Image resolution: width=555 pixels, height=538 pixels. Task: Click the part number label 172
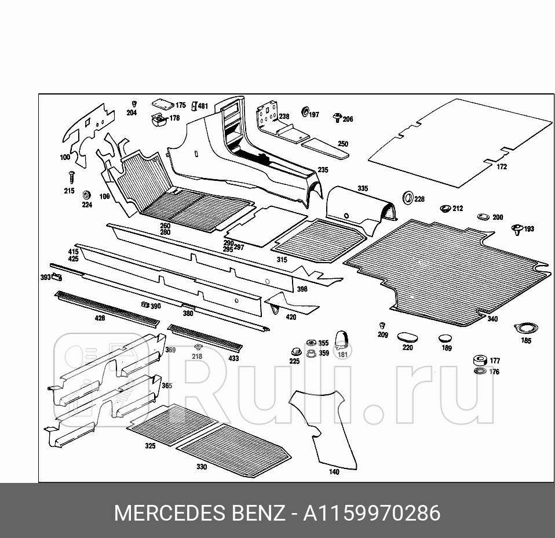[x=502, y=167]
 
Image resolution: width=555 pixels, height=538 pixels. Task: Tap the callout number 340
[x=492, y=319]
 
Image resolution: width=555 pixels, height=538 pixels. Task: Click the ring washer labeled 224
[x=87, y=194]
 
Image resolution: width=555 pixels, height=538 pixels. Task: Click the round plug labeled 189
[x=445, y=338]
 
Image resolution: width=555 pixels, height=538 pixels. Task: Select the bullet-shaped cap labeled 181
[x=342, y=337]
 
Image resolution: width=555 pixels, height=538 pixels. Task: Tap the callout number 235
[x=323, y=170]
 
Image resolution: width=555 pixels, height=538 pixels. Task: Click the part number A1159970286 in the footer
[x=372, y=514]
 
